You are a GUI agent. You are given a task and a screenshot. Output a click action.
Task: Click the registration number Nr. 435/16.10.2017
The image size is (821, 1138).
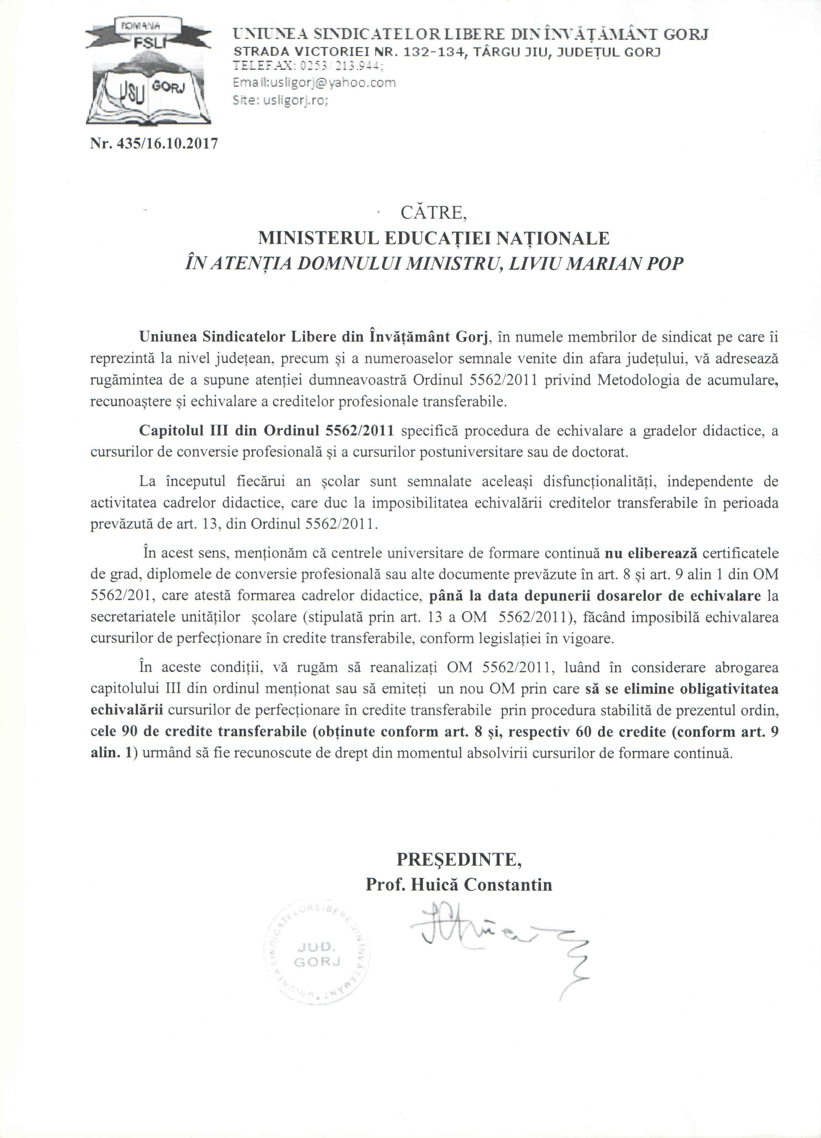click(x=154, y=144)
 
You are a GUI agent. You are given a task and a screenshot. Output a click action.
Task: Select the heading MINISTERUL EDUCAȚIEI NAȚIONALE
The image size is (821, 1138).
click(x=434, y=238)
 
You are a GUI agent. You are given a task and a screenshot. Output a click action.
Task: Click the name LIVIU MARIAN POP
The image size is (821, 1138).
click(x=596, y=263)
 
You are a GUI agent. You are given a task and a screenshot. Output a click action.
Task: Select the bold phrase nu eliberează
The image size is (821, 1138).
click(x=651, y=553)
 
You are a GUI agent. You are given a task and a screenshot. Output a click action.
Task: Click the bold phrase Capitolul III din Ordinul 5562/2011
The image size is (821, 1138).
click(x=267, y=431)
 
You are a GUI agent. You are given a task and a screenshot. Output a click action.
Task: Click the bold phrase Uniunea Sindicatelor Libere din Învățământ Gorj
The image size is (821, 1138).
click(x=314, y=337)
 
